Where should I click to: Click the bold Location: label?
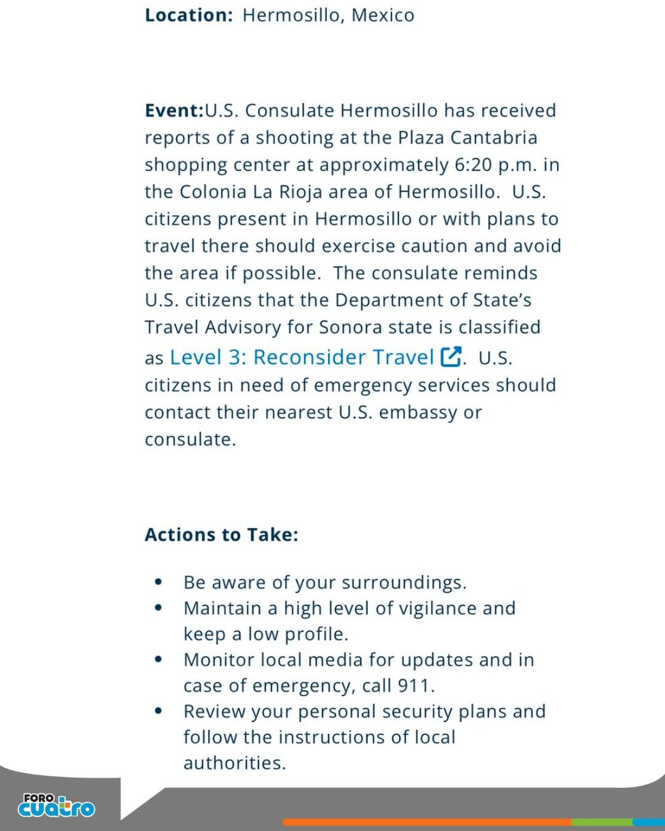[188, 15]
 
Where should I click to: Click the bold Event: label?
[174, 111]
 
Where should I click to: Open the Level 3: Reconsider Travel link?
[302, 358]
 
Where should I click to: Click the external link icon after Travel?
[451, 357]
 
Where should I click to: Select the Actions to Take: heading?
[221, 535]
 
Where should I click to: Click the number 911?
[416, 686]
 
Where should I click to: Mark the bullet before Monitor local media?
[159, 659]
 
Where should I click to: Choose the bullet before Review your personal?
[159, 711]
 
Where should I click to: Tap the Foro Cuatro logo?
[57, 806]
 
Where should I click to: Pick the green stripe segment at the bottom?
[602, 822]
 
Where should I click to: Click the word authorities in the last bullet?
[235, 763]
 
